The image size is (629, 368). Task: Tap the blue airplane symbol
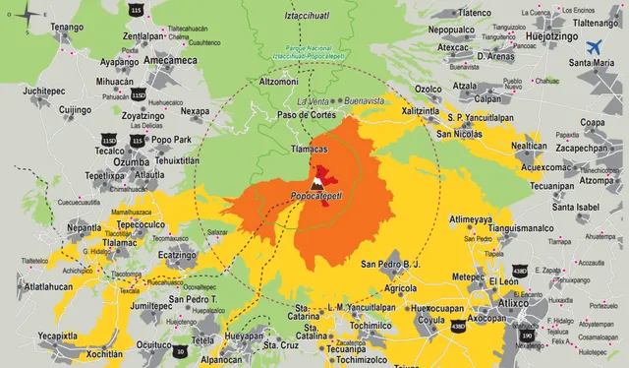tap(595, 46)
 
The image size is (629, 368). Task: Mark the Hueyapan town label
tap(245, 336)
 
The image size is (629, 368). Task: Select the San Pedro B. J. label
tap(390, 265)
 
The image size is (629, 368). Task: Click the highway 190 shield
tap(527, 335)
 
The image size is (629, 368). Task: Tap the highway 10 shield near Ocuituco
tap(180, 350)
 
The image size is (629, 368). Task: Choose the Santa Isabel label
tap(575, 207)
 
